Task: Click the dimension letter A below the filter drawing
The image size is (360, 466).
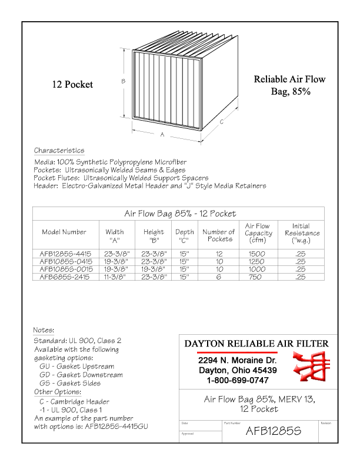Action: click(x=162, y=134)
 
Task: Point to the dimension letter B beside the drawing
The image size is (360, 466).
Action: click(x=123, y=82)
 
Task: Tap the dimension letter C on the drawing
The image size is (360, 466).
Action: click(x=221, y=122)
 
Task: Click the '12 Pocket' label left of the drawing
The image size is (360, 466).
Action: click(x=72, y=84)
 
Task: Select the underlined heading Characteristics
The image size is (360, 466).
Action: click(x=59, y=151)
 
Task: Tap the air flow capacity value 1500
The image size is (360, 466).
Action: click(x=257, y=252)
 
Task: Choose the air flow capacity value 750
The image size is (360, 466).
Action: click(x=257, y=275)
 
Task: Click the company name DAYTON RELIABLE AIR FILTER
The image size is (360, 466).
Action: click(x=256, y=344)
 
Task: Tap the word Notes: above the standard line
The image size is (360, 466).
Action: click(x=44, y=330)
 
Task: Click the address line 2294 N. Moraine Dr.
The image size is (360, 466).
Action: click(x=237, y=360)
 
